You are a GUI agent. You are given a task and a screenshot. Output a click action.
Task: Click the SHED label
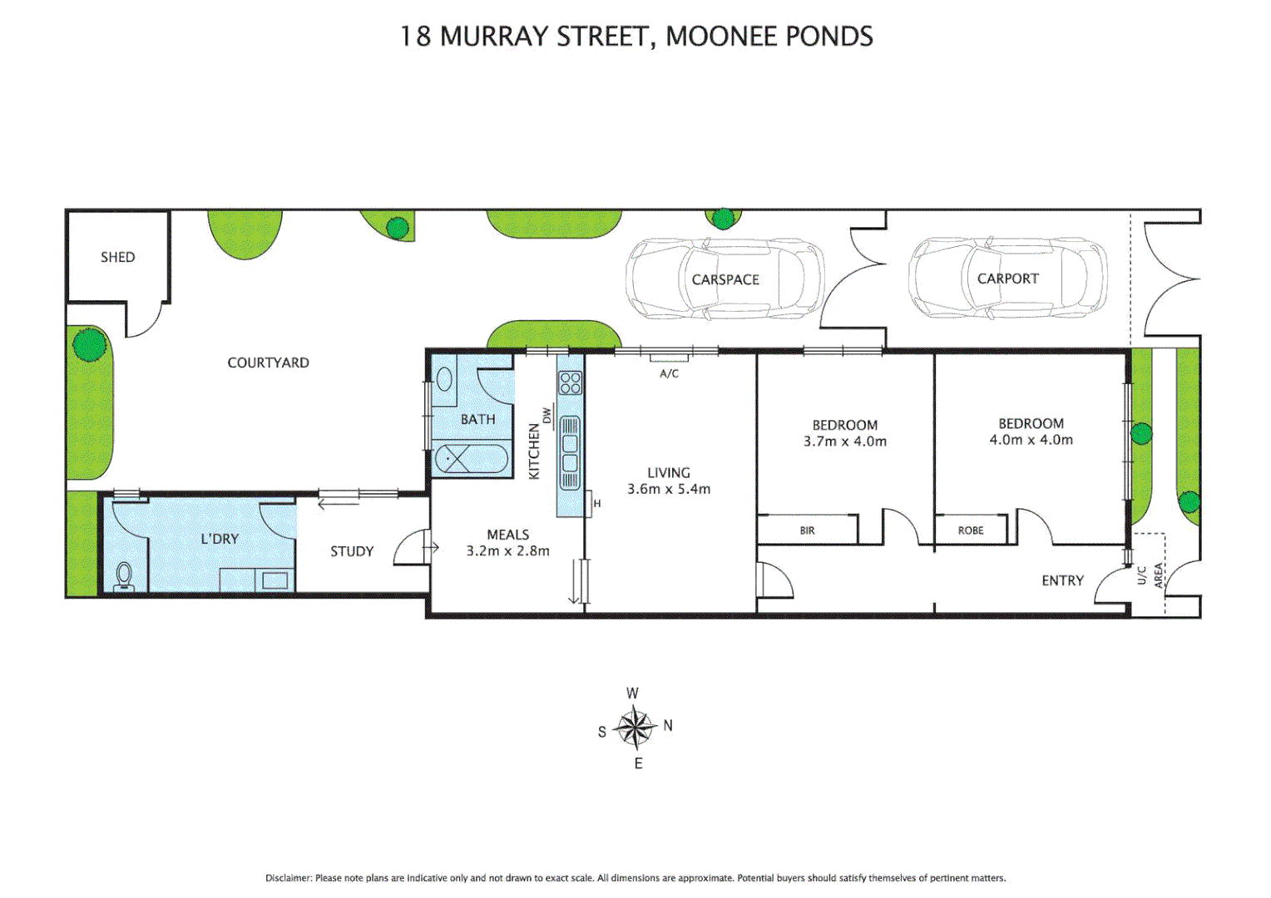coord(117,257)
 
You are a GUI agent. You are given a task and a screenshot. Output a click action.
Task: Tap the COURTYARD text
coord(268,363)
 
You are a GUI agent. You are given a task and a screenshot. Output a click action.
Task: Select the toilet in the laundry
coord(124,575)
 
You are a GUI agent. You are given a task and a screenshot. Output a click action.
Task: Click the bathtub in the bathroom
coord(471,459)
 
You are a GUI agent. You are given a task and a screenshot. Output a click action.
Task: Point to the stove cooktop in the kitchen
coord(571,382)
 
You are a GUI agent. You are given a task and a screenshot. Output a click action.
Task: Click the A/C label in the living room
coord(669,373)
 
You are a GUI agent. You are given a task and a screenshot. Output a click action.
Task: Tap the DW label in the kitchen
coord(546,415)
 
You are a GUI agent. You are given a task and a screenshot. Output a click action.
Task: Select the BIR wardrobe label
coord(807,530)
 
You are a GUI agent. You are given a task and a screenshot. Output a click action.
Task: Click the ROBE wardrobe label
coord(970,530)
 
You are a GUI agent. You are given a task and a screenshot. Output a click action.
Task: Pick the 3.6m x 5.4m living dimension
coord(669,489)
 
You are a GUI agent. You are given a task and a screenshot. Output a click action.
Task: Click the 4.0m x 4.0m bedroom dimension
coord(1031,440)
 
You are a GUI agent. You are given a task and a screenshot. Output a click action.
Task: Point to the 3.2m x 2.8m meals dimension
coord(507,550)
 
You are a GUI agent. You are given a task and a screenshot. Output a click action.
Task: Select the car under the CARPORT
coord(1007,279)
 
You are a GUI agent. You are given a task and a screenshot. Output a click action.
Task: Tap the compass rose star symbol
coord(635,728)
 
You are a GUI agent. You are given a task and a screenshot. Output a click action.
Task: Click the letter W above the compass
coord(632,693)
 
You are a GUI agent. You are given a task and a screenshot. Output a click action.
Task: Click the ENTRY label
coord(1062,580)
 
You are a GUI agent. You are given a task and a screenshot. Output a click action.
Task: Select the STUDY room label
coord(352,551)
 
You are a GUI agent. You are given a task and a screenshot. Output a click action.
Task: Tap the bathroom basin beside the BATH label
coord(444,381)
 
